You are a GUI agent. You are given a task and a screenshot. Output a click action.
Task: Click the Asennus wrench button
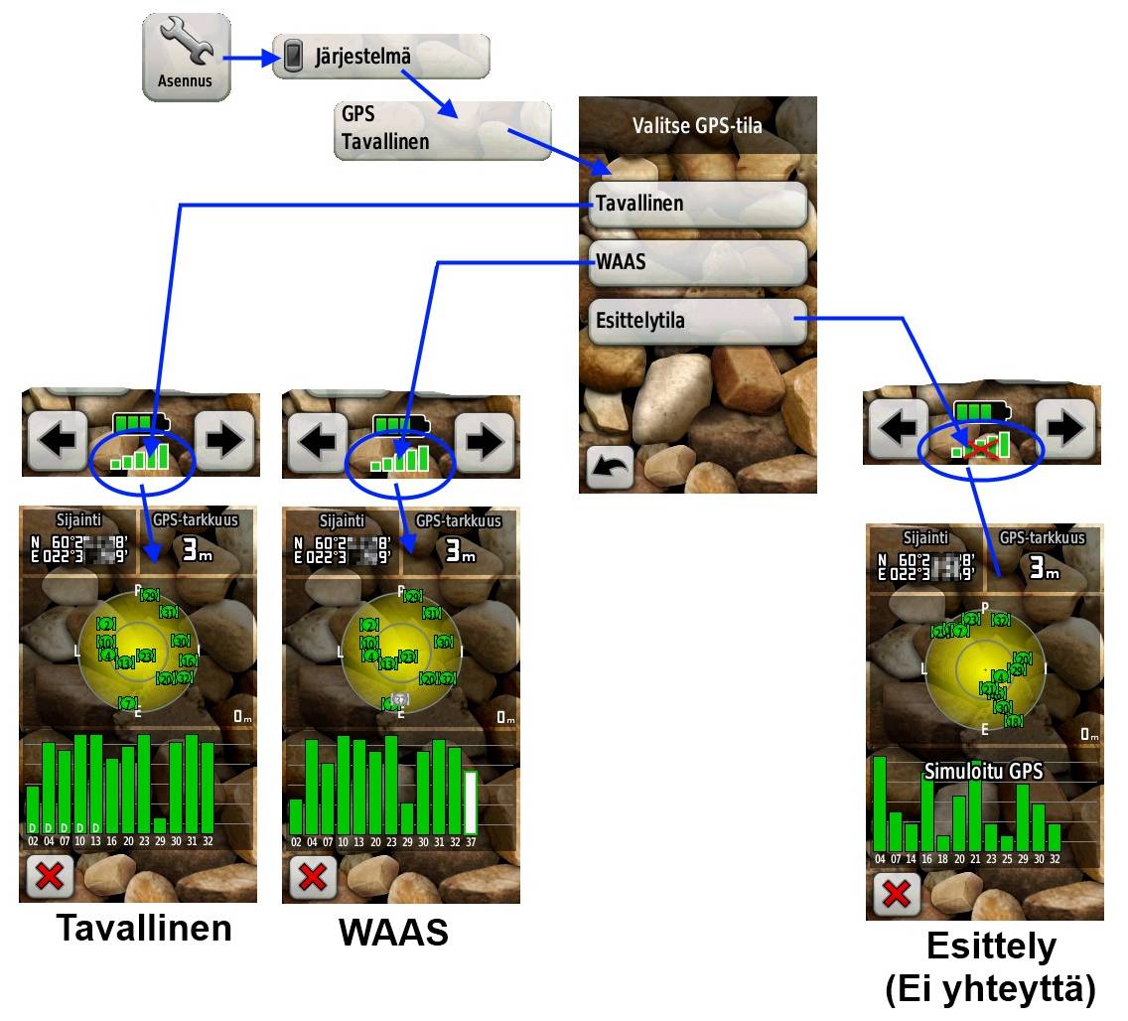(x=186, y=57)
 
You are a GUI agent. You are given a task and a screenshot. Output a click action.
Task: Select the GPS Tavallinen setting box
(x=441, y=128)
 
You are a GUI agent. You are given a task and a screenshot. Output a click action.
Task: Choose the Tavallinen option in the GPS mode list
(x=696, y=204)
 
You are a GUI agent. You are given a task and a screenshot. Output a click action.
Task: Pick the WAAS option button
(x=696, y=262)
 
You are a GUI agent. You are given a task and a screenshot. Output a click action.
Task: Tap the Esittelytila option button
(x=696, y=321)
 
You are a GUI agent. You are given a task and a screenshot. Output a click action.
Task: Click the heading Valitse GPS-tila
(x=697, y=125)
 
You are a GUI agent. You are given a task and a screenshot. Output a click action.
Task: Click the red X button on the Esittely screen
(x=896, y=894)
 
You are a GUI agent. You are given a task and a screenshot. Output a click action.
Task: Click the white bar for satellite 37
(x=471, y=802)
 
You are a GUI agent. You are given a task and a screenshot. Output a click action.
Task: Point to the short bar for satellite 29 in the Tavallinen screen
(x=160, y=825)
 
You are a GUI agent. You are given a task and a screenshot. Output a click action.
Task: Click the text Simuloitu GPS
(x=983, y=771)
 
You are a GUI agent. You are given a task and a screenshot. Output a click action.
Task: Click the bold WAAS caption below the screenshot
(x=393, y=932)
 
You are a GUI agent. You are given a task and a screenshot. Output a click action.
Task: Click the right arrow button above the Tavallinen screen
(x=223, y=439)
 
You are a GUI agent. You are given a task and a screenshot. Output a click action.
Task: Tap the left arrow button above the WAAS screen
(x=317, y=439)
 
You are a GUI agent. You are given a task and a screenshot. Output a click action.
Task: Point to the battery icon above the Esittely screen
(x=979, y=410)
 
